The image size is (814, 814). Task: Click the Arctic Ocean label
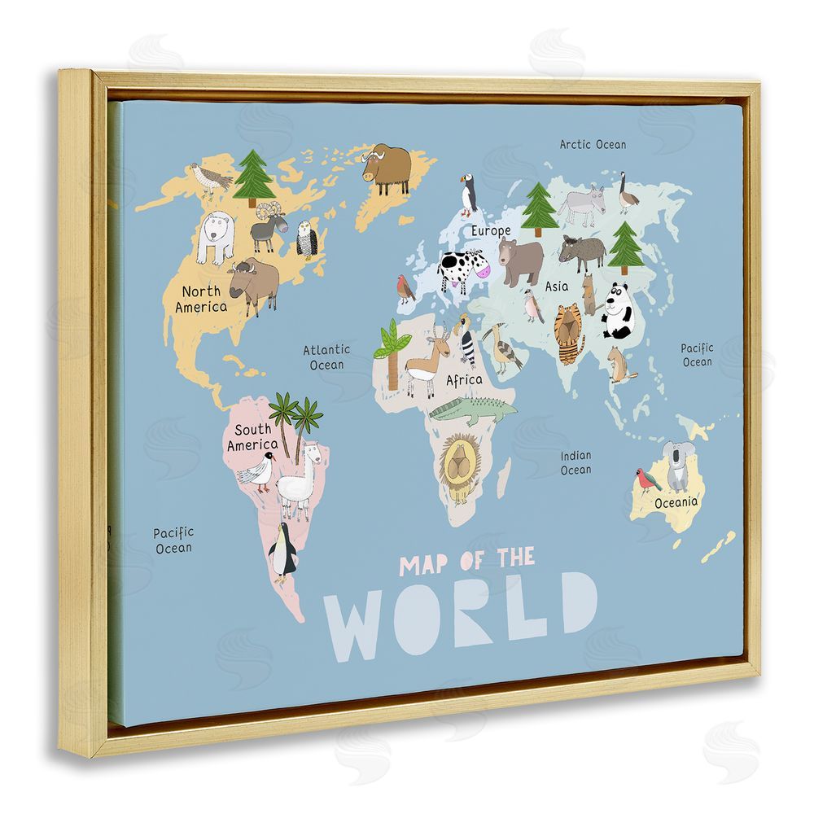[593, 144]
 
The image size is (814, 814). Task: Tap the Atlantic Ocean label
[326, 357]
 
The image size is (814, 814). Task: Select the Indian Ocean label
[575, 462]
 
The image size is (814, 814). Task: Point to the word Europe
[491, 230]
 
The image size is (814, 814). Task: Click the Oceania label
[676, 501]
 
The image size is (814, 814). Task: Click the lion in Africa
[461, 466]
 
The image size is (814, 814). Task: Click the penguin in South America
[282, 551]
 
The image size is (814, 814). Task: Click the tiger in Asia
[570, 333]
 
